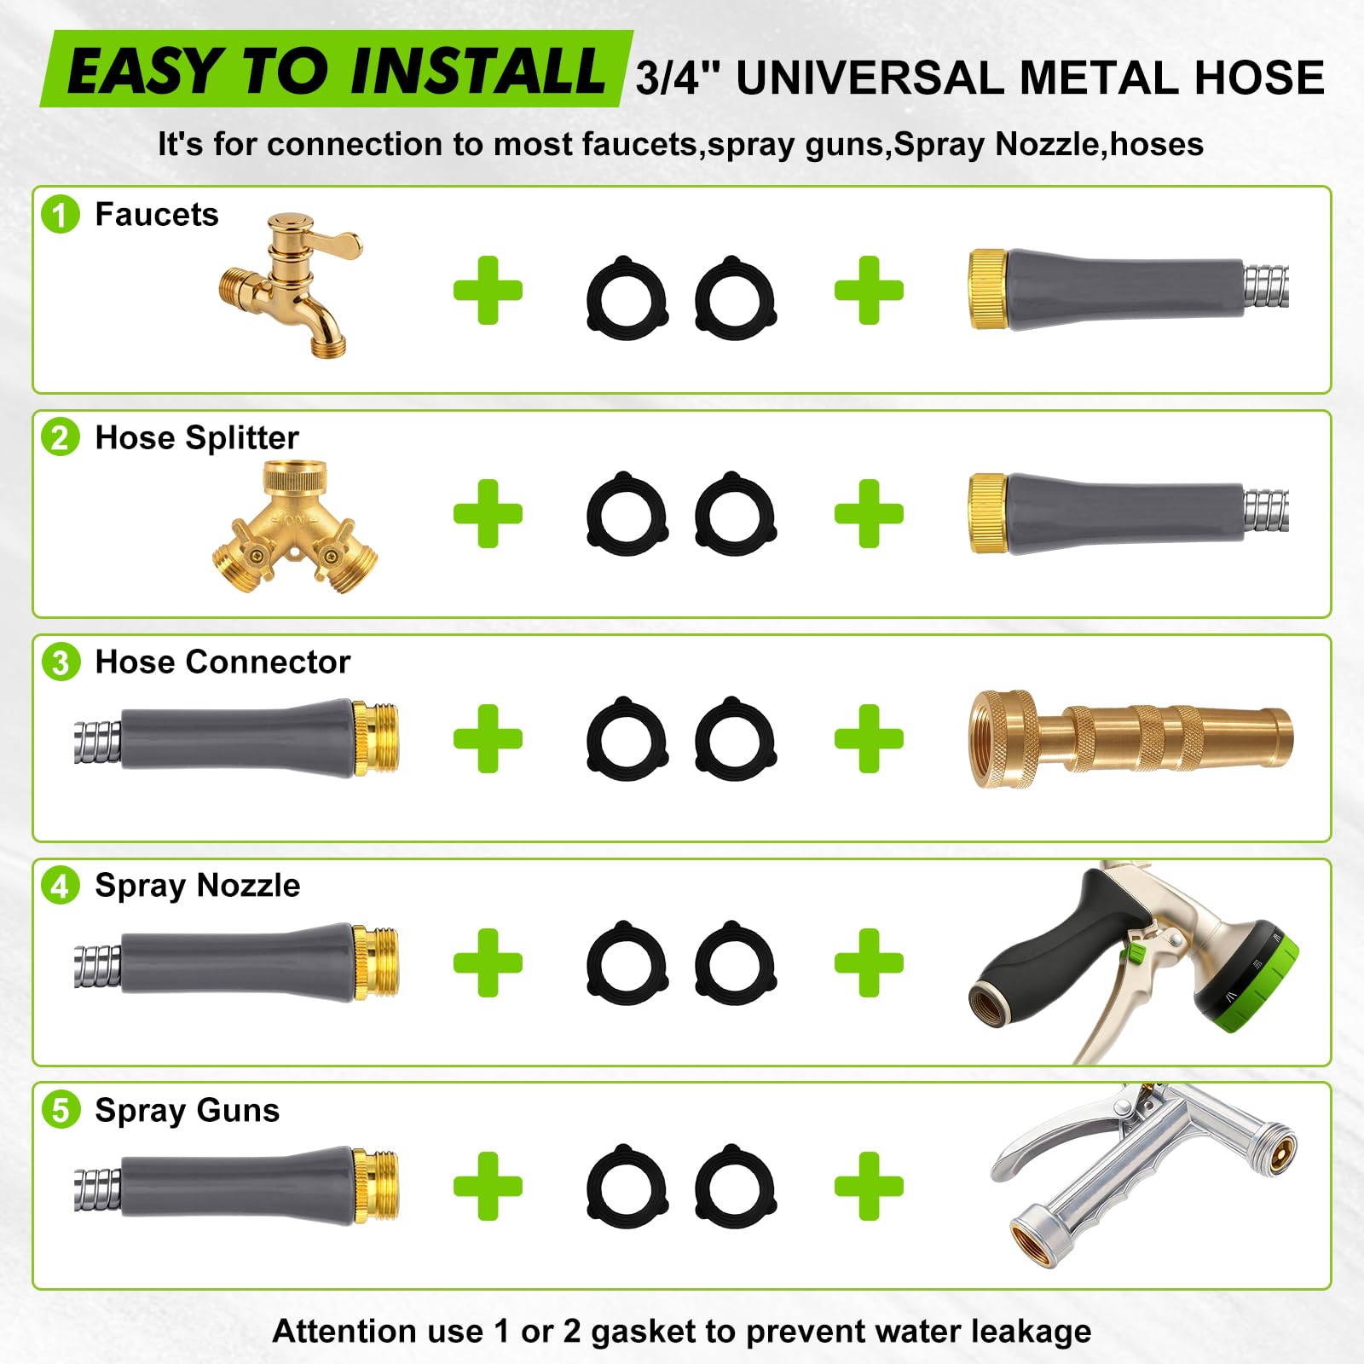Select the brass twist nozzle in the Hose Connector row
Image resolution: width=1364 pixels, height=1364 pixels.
click(1130, 738)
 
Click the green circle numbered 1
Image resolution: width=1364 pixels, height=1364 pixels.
click(61, 214)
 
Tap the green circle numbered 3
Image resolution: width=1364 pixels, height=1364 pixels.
click(61, 662)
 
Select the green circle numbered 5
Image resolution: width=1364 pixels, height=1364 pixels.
click(61, 1110)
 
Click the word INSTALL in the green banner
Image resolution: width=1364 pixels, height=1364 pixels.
click(477, 70)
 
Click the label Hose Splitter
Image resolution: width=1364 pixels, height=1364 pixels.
click(197, 437)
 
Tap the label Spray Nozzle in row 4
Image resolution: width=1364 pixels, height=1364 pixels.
click(198, 887)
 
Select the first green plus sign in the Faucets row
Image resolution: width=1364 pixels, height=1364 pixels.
click(488, 290)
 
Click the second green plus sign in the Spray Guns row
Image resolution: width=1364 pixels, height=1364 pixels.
click(869, 1186)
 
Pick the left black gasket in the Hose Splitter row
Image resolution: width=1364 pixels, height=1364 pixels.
click(627, 514)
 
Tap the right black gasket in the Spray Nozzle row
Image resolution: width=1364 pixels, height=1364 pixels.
click(735, 962)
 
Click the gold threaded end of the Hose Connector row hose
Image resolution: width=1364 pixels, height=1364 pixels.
click(376, 738)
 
